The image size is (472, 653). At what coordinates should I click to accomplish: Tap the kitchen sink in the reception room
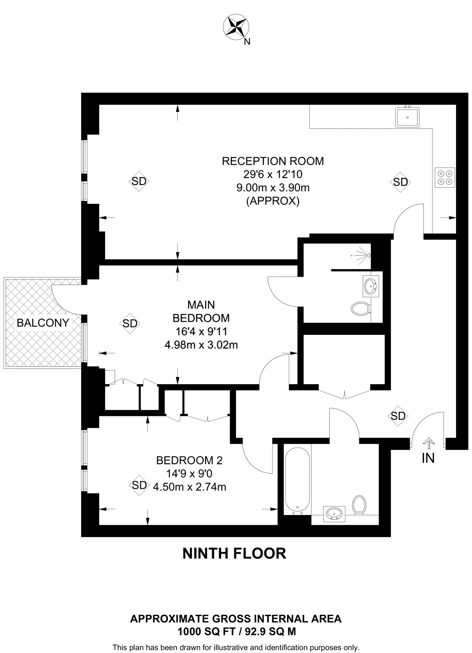(407, 117)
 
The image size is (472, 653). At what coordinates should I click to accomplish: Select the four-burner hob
(445, 178)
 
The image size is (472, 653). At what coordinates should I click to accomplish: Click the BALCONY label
(43, 323)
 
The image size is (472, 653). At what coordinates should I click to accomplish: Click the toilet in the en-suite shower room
(361, 309)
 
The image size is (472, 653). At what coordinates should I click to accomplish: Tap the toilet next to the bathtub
(359, 505)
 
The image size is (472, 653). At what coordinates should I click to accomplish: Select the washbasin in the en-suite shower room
(371, 286)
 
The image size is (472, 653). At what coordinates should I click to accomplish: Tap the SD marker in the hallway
(398, 416)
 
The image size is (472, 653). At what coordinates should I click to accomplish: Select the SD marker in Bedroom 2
(139, 485)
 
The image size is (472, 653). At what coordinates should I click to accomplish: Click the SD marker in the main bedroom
(130, 324)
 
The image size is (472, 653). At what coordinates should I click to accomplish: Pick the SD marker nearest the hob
(400, 182)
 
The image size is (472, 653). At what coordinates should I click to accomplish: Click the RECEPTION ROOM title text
(273, 161)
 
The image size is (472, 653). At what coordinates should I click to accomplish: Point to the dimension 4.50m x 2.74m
(190, 487)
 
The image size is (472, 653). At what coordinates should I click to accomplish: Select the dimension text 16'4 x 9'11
(201, 332)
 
